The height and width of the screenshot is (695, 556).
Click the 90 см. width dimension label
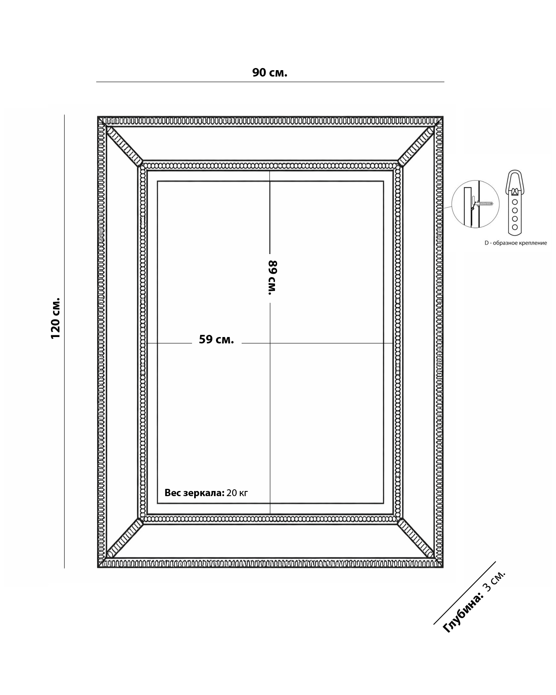269,73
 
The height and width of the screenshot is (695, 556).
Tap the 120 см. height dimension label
55,318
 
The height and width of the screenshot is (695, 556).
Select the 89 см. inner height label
272,278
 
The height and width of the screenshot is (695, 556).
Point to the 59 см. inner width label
216,340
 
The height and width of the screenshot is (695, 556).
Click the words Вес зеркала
195,493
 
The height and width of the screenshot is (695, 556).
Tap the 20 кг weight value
237,493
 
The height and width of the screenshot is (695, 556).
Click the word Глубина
463,612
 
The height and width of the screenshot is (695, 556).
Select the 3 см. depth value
494,581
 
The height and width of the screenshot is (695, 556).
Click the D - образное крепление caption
515,243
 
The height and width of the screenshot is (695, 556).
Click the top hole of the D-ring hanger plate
515,202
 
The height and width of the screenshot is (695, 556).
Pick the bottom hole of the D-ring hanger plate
515,227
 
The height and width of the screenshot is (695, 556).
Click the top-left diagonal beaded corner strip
124,146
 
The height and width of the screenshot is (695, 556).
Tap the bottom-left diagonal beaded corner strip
124,538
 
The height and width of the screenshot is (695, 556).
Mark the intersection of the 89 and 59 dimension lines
270,343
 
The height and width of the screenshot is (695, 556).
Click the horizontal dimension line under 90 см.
270,82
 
